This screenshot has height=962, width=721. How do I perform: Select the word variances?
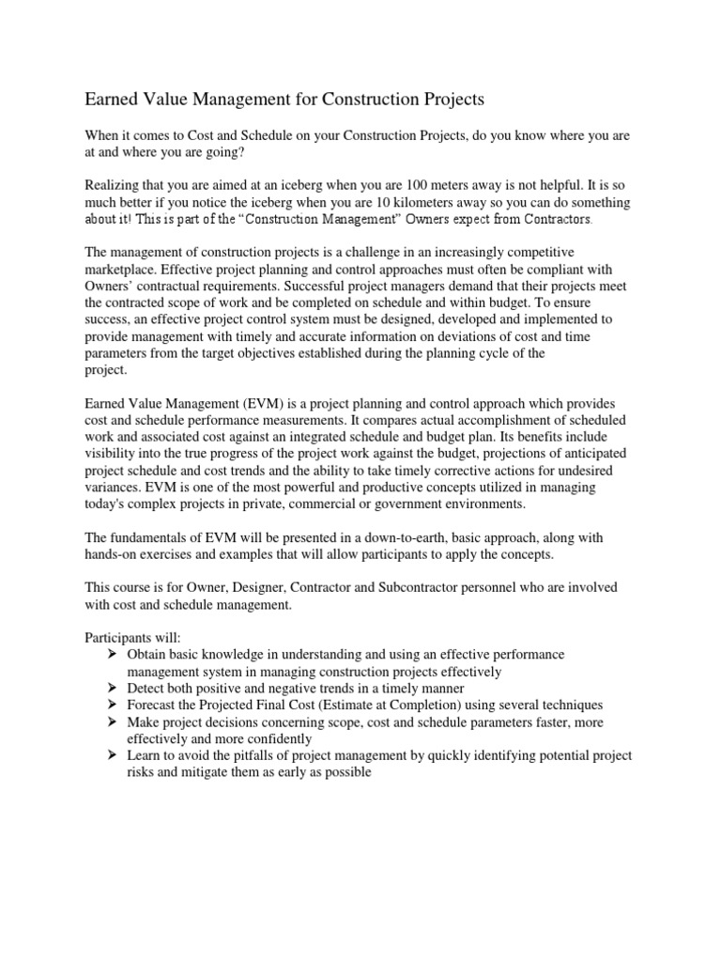click(x=115, y=487)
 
